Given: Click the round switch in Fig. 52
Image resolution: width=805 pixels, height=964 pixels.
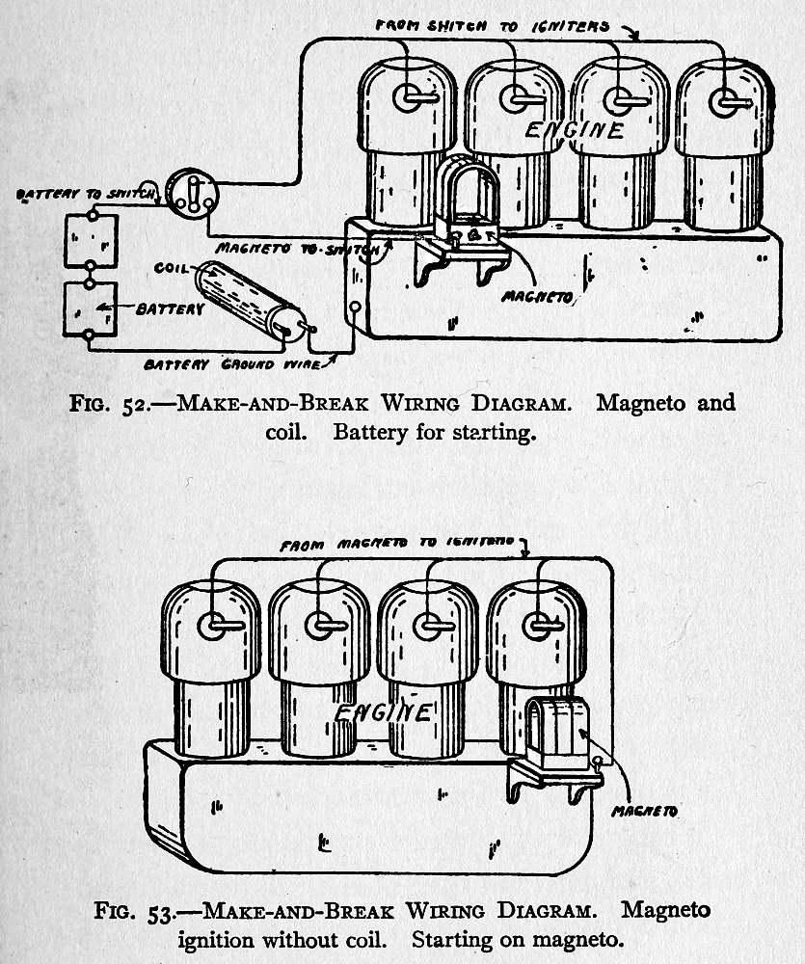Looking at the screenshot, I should pyautogui.click(x=192, y=192).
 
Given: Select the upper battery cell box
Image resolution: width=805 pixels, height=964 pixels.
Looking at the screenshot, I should pyautogui.click(x=90, y=240).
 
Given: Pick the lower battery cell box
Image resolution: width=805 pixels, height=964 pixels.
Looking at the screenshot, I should pyautogui.click(x=90, y=308).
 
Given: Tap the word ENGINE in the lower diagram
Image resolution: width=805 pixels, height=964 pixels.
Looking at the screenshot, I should pyautogui.click(x=383, y=712).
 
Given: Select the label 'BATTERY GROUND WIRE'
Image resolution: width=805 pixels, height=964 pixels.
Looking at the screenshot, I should pyautogui.click(x=232, y=365).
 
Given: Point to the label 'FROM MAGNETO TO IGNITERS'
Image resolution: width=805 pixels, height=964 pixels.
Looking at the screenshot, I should pyautogui.click(x=398, y=544).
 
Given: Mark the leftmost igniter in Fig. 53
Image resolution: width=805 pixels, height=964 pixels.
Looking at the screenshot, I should pyautogui.click(x=213, y=627).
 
